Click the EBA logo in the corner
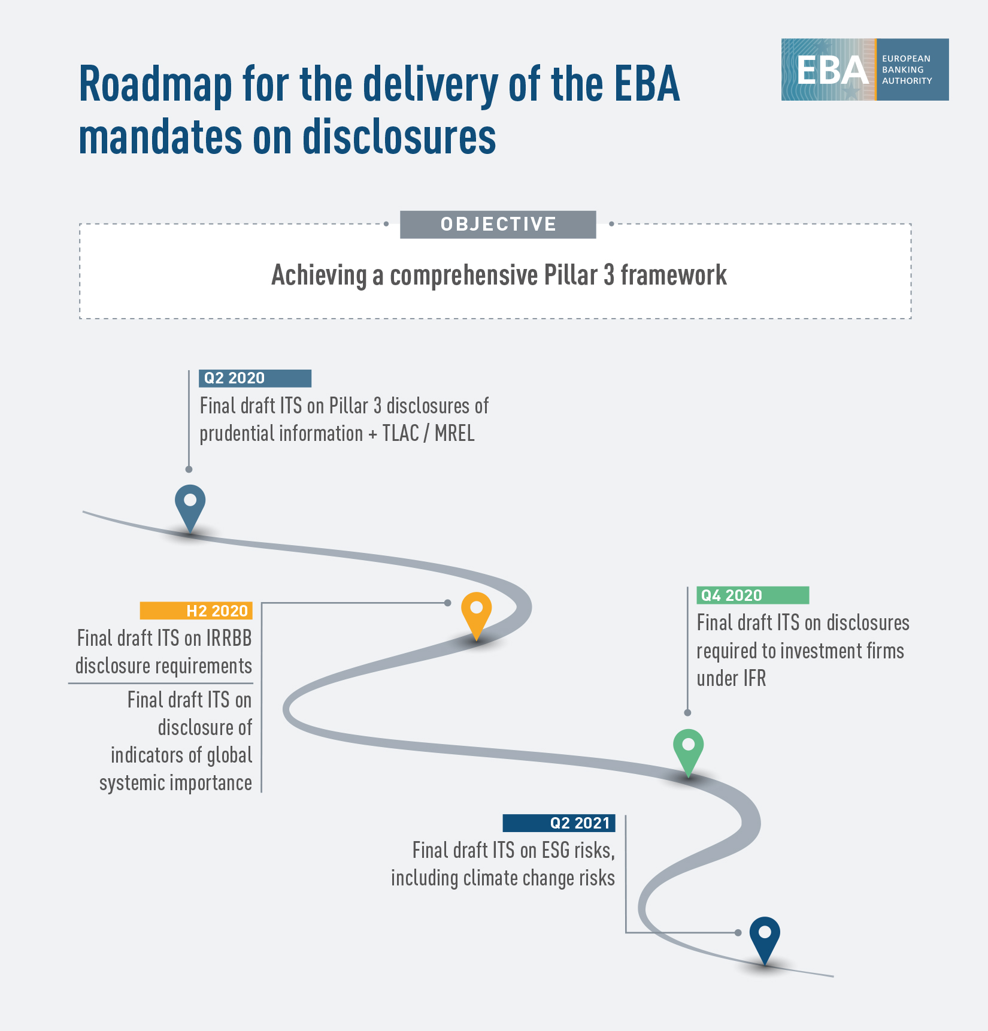click(865, 69)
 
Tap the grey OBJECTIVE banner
click(498, 225)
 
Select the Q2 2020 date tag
click(255, 378)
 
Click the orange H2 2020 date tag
click(196, 610)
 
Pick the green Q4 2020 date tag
click(753, 595)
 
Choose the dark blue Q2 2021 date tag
click(559, 823)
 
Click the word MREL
click(454, 433)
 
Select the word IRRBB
click(229, 638)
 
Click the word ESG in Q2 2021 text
click(555, 850)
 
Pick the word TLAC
click(401, 433)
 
